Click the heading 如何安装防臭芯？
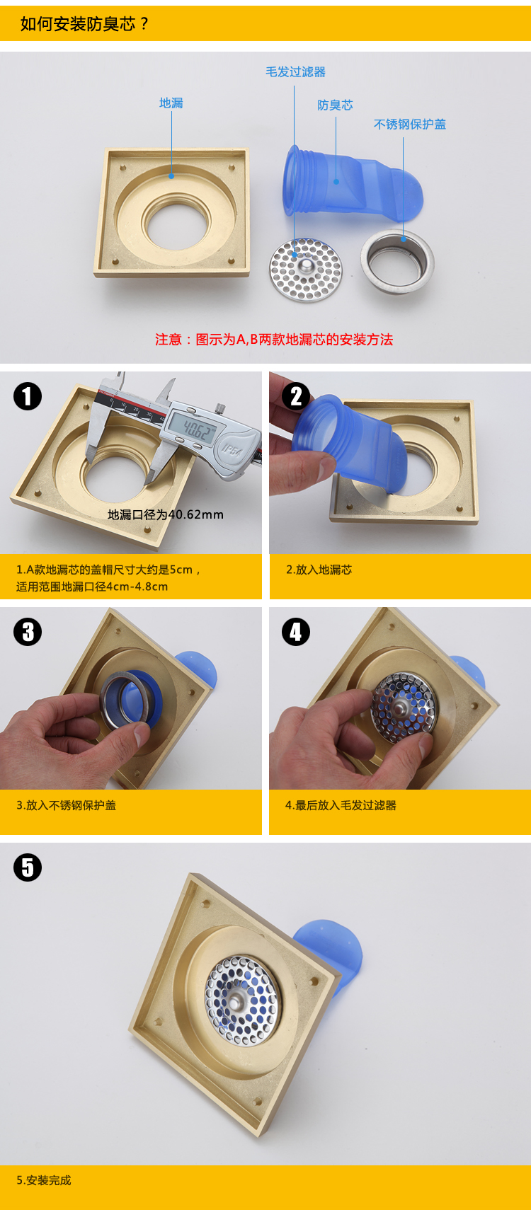click(x=85, y=24)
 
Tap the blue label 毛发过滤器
click(x=296, y=72)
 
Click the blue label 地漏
click(x=171, y=103)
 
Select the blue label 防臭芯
click(x=335, y=105)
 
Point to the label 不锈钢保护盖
click(x=410, y=125)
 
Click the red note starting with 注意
click(x=274, y=340)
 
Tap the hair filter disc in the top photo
click(x=306, y=270)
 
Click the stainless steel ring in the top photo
click(x=397, y=258)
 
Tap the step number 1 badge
click(x=28, y=396)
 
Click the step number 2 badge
click(x=296, y=396)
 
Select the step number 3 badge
click(x=28, y=632)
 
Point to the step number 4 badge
click(x=296, y=632)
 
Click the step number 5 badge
click(x=28, y=867)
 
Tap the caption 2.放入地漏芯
click(x=319, y=570)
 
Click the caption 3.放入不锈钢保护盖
click(x=67, y=805)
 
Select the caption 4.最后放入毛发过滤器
click(x=341, y=805)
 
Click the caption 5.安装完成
click(x=44, y=1180)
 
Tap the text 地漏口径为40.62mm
click(x=166, y=515)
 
